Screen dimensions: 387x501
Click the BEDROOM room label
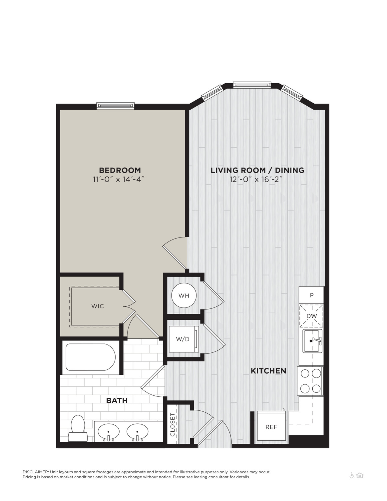tap(120, 170)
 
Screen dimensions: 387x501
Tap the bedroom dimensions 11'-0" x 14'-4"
tap(119, 179)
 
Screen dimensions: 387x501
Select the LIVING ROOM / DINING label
tap(257, 170)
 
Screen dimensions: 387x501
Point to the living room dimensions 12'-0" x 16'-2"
tap(256, 179)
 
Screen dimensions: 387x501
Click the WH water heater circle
tap(184, 295)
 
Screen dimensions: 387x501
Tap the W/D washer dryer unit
tap(184, 339)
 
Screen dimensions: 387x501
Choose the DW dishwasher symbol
tap(311, 316)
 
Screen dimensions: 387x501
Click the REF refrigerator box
tap(271, 427)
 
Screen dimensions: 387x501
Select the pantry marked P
tap(311, 295)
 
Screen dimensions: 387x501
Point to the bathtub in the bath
tap(91, 357)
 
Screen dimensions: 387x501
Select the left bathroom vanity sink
tap(109, 432)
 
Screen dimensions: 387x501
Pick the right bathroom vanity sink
tap(137, 432)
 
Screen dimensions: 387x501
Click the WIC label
tap(98, 306)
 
